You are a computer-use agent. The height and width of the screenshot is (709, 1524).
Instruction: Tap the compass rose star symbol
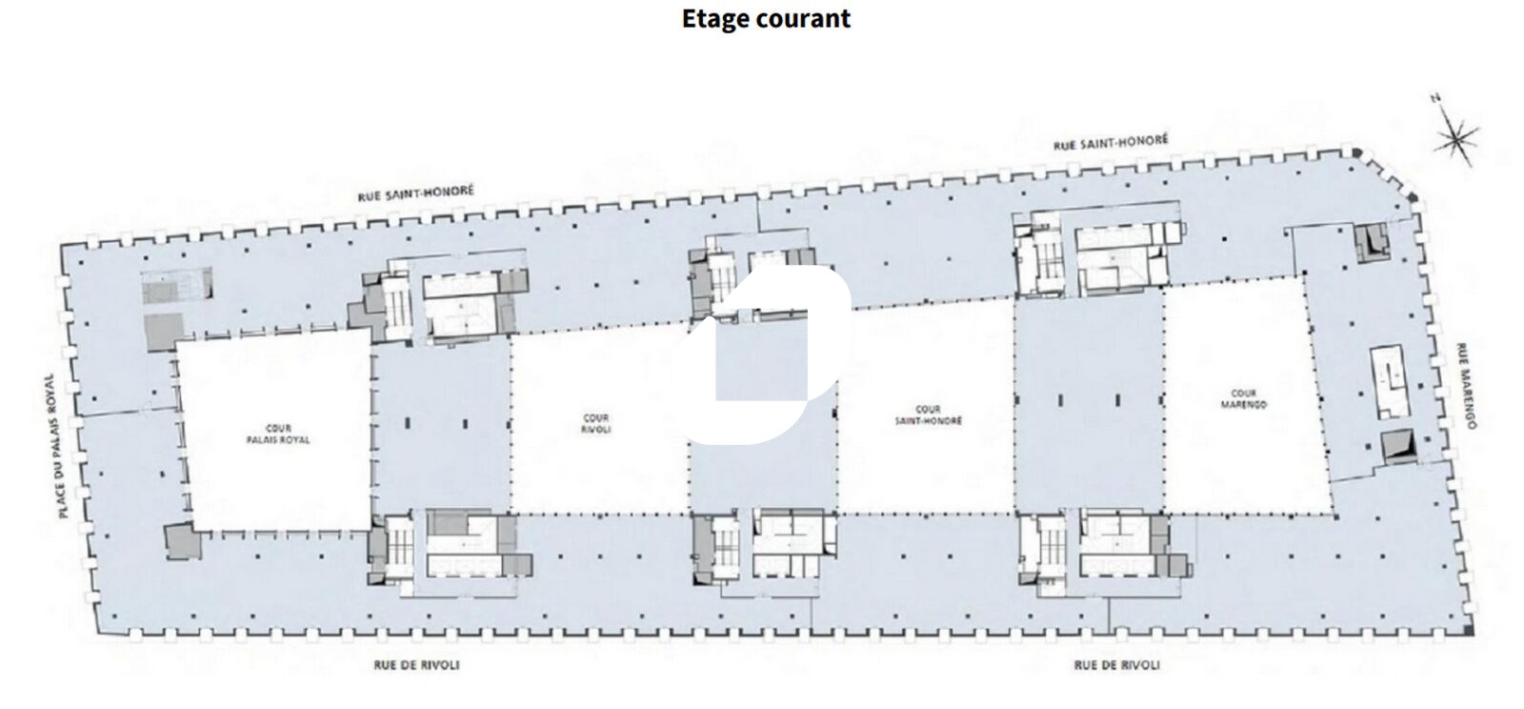(x=1456, y=139)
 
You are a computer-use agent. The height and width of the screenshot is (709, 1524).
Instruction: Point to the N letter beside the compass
(x=1436, y=99)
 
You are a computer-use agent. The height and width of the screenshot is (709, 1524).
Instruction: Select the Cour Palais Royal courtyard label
(x=277, y=435)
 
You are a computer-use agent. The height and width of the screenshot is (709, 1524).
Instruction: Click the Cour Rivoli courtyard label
(x=596, y=423)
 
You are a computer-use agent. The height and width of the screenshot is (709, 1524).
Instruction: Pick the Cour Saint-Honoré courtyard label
(x=928, y=415)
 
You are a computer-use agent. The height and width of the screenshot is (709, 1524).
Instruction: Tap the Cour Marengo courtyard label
(x=1244, y=398)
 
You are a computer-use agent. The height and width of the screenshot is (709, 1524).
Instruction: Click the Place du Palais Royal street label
(x=56, y=446)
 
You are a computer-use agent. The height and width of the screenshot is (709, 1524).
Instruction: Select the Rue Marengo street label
(x=1466, y=385)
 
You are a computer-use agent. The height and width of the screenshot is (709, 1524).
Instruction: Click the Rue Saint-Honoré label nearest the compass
(x=1111, y=142)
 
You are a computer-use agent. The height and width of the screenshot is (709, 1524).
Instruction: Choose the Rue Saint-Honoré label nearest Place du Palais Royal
(x=416, y=193)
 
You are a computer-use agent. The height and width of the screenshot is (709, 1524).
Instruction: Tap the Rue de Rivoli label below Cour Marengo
(x=1116, y=665)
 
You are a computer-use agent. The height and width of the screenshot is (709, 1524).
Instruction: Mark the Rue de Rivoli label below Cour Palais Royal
(x=416, y=665)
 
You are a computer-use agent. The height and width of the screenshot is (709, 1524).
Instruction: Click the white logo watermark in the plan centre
(x=766, y=354)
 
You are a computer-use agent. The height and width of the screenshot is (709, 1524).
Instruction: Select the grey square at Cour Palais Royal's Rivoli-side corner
(x=183, y=541)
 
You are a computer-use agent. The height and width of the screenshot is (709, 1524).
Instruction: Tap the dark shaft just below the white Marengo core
(x=1399, y=446)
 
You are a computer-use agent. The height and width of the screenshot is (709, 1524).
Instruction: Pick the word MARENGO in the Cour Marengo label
(x=1244, y=404)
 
